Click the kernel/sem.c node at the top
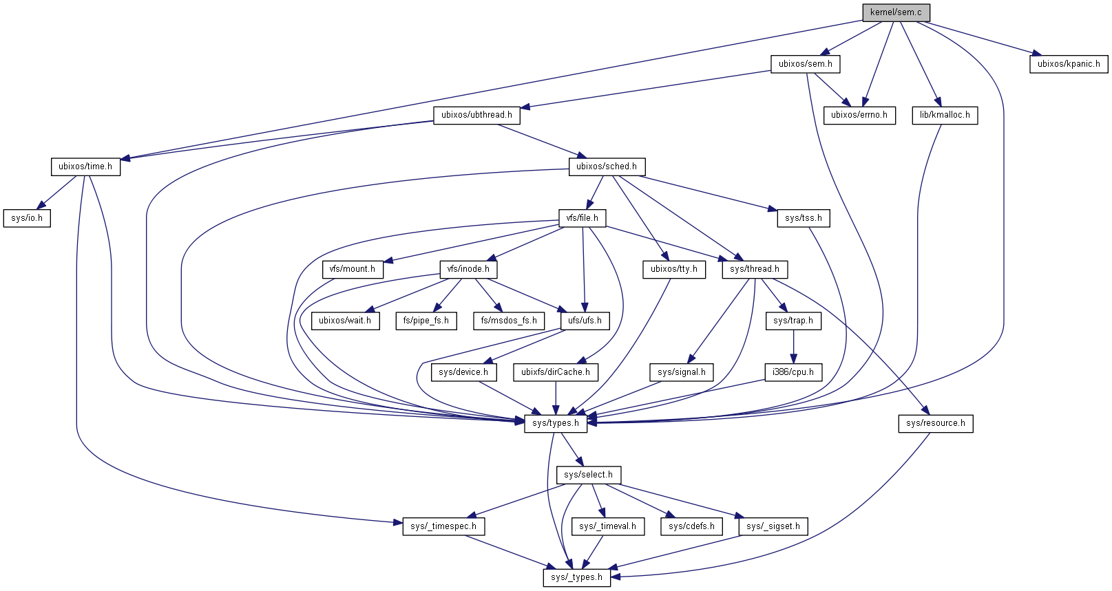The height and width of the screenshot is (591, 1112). [896, 12]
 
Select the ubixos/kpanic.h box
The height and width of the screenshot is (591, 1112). [1069, 64]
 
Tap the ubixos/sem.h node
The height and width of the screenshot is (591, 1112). [805, 64]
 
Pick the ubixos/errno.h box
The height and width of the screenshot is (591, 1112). [859, 115]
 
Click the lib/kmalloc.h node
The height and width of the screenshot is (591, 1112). [945, 115]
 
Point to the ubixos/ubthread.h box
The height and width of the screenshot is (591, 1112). [476, 115]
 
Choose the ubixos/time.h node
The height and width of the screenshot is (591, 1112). [85, 166]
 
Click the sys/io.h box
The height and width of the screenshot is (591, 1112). [27, 218]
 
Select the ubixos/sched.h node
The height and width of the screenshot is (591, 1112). [606, 166]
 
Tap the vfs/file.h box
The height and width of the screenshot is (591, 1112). [583, 218]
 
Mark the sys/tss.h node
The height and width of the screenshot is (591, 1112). [803, 218]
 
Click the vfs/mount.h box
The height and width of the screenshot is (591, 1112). [353, 269]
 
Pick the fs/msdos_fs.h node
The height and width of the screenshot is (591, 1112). [509, 321]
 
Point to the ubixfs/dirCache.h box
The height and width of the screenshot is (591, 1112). [556, 372]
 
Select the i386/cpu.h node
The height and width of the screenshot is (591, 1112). [793, 372]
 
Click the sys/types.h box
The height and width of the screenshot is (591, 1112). [556, 423]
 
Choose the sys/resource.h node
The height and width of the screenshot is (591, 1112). [935, 423]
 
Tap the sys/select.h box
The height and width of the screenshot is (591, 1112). [588, 475]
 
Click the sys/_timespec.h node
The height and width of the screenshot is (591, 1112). [443, 526]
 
